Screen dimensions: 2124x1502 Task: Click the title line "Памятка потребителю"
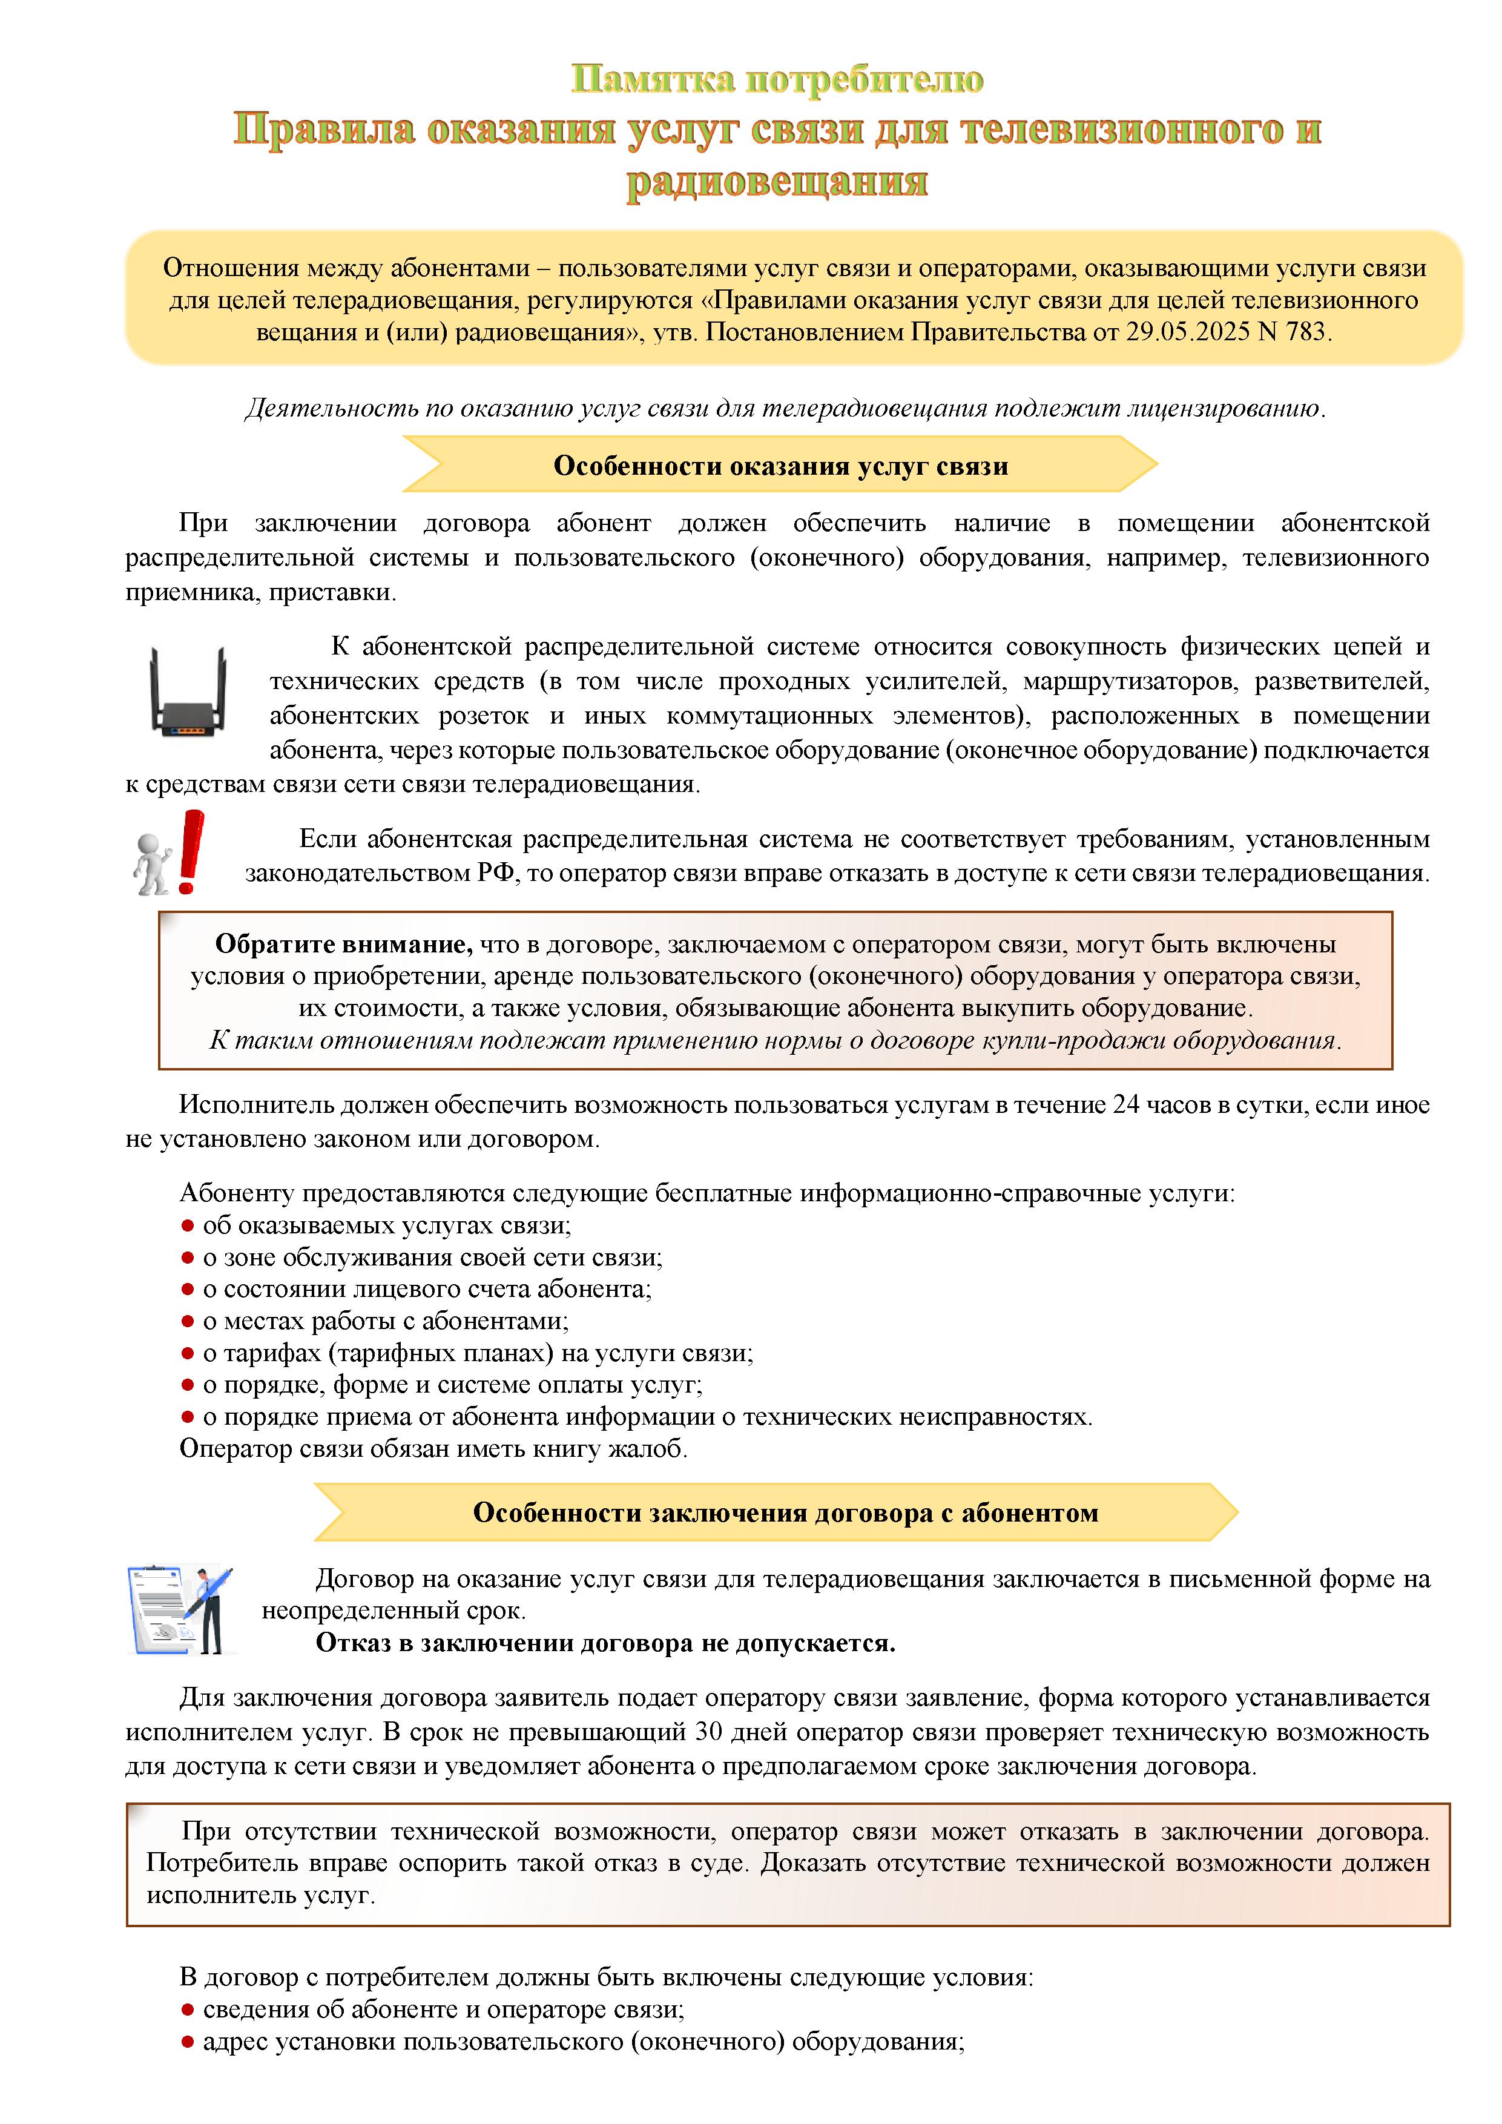pos(777,79)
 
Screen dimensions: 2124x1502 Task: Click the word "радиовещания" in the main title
pos(777,180)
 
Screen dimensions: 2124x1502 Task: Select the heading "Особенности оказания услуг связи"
pos(780,466)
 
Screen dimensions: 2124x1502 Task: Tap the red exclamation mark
pos(191,851)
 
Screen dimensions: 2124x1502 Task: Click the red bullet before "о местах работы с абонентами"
pos(187,1321)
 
